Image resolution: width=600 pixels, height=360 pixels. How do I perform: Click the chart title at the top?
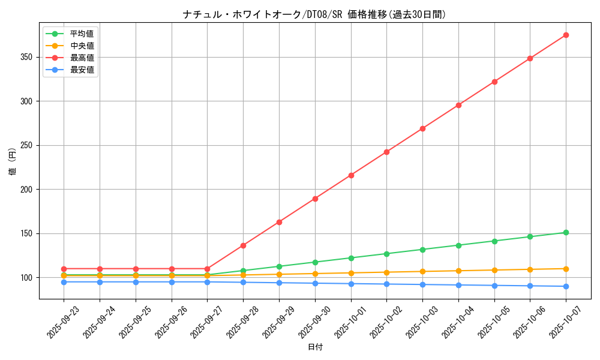314,14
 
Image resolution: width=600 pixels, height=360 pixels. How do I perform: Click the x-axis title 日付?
315,347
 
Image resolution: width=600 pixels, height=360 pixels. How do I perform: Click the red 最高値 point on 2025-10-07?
566,35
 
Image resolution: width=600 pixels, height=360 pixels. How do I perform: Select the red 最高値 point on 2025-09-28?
243,245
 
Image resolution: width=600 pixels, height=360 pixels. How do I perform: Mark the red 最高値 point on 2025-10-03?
422,128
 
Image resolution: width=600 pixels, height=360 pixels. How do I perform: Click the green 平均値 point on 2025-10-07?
566,232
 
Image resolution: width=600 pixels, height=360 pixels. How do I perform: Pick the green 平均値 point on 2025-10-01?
351,258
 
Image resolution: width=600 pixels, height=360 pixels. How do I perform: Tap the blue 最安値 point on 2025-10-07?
566,286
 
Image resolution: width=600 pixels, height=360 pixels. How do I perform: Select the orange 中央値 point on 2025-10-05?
494,270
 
